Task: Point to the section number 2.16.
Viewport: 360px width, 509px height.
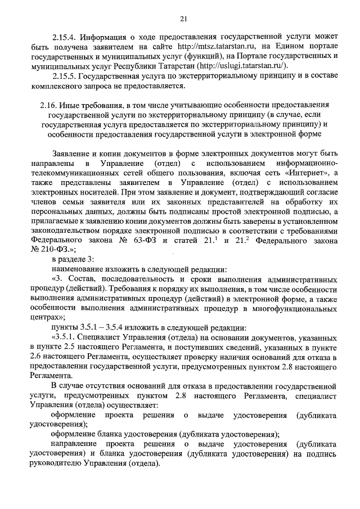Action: pos(49,105)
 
